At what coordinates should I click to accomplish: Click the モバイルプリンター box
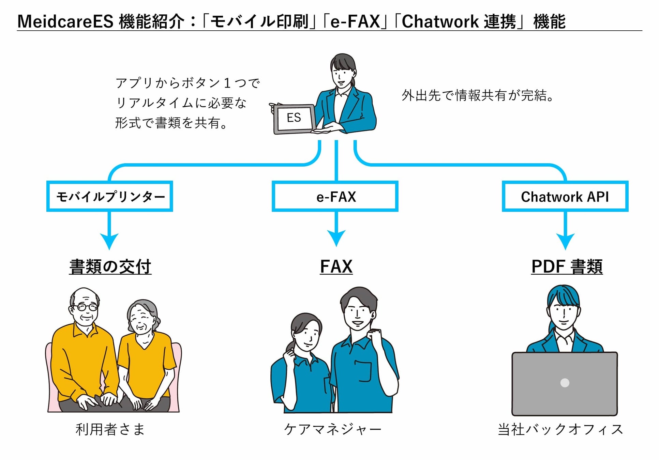pyautogui.click(x=110, y=197)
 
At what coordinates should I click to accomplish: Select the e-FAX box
pyautogui.click(x=335, y=197)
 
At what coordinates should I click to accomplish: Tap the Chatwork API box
pyautogui.click(x=565, y=197)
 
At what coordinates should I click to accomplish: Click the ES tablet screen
pyautogui.click(x=294, y=118)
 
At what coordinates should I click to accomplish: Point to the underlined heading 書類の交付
pyautogui.click(x=110, y=266)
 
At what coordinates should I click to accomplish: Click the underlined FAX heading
pyautogui.click(x=336, y=266)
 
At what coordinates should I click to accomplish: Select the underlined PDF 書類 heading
pyautogui.click(x=567, y=266)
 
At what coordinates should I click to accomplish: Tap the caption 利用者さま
pyautogui.click(x=110, y=429)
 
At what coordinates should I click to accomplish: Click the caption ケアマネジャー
pyautogui.click(x=333, y=429)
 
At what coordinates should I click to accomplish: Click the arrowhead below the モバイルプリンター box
pyautogui.click(x=109, y=241)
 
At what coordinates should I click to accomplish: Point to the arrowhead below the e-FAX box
pyautogui.click(x=336, y=237)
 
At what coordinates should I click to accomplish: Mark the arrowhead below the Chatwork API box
pyautogui.click(x=565, y=241)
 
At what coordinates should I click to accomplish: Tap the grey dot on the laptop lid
pyautogui.click(x=565, y=383)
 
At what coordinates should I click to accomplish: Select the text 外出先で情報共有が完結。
pyautogui.click(x=477, y=95)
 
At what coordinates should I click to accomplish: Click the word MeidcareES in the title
pyautogui.click(x=65, y=21)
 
